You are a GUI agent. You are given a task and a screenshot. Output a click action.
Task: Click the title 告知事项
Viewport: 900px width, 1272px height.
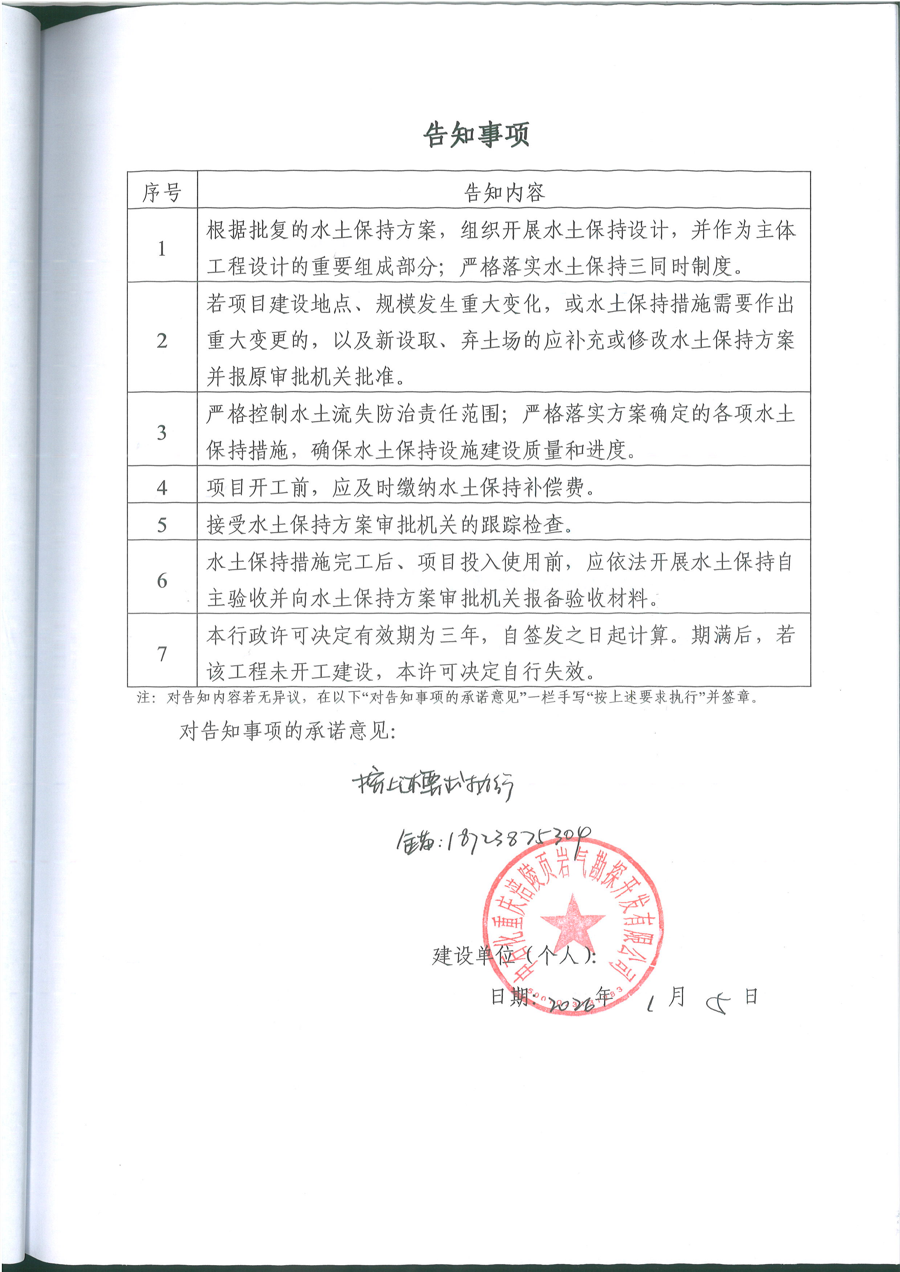coord(476,135)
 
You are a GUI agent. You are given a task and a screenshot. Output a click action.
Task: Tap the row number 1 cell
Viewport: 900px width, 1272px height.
coord(162,248)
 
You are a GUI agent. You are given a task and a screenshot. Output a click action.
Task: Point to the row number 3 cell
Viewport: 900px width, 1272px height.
coord(162,432)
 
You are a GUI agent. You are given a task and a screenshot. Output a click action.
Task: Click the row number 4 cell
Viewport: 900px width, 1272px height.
coord(162,487)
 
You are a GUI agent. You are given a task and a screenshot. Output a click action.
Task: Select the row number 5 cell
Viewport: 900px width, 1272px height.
coord(162,524)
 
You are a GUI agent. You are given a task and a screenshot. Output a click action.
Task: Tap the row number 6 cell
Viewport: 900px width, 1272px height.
coord(162,580)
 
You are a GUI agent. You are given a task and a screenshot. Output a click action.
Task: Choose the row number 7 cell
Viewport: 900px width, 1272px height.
coord(162,653)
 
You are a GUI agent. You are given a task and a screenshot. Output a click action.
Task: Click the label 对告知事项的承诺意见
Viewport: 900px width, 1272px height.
coord(287,731)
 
